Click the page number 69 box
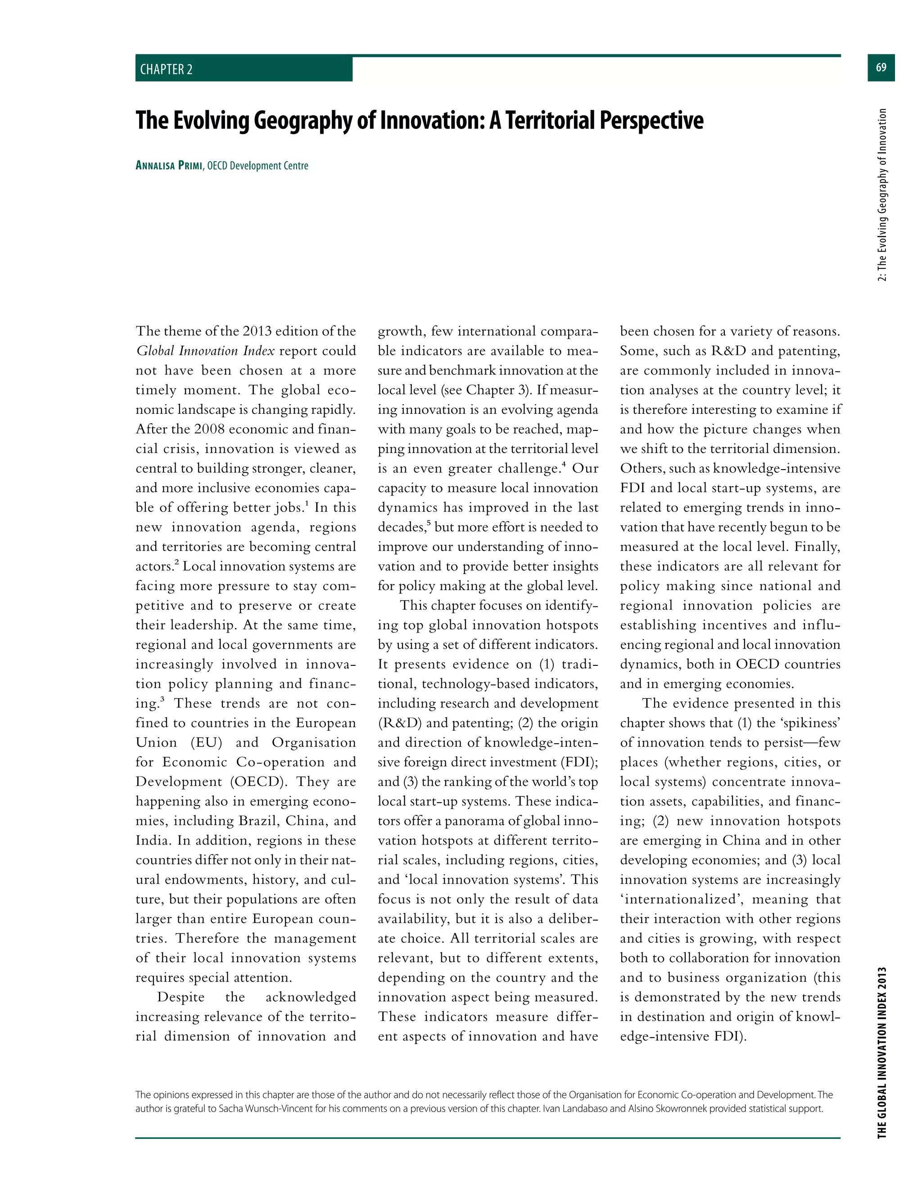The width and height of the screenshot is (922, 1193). pyautogui.click(x=881, y=68)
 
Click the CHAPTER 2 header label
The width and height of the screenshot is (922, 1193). pyautogui.click(x=166, y=69)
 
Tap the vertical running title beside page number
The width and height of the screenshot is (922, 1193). pyautogui.click(x=881, y=194)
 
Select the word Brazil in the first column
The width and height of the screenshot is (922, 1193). pyautogui.click(x=258, y=821)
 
